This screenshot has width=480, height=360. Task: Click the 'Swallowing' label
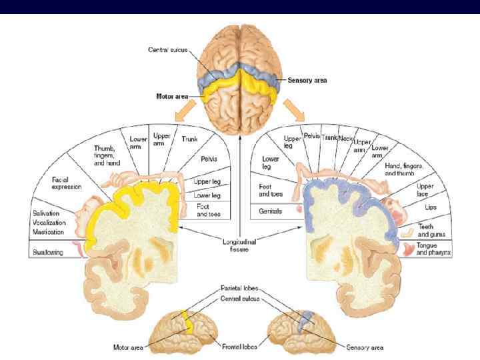tap(47, 253)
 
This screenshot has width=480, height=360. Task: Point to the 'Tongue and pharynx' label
tap(435, 249)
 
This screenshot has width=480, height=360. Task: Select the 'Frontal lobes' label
tap(240, 347)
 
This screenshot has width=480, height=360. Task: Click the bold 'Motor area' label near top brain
tap(169, 97)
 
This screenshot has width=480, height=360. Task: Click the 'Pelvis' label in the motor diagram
tap(209, 160)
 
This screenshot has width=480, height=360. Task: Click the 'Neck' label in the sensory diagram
tap(346, 137)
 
